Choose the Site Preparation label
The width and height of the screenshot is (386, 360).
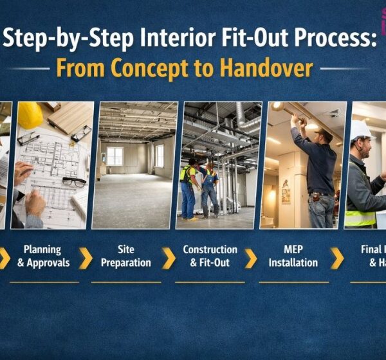point(126,256)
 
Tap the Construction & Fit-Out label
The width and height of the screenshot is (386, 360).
point(210,256)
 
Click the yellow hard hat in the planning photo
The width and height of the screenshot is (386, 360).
point(30,116)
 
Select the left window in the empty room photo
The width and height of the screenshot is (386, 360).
point(115,156)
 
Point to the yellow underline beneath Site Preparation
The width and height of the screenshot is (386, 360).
point(126,282)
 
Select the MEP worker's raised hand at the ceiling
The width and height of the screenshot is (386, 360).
point(295,119)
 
